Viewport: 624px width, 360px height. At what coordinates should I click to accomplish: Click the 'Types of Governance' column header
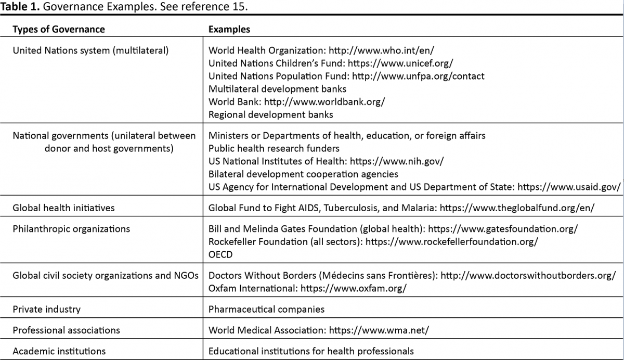click(58, 29)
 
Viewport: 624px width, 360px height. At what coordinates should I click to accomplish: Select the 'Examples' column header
click(229, 29)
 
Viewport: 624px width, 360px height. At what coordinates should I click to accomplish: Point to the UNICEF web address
click(400, 63)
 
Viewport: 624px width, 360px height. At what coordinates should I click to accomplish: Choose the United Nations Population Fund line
click(346, 76)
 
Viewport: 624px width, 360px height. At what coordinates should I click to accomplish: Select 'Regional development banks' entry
click(270, 114)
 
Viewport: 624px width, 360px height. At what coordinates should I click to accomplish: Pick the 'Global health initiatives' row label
click(63, 208)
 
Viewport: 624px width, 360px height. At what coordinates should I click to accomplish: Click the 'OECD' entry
click(220, 254)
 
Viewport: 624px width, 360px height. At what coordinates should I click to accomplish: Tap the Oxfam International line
click(307, 288)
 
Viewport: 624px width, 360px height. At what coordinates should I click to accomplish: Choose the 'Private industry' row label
click(46, 309)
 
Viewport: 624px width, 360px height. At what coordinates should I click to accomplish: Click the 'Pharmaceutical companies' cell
click(266, 309)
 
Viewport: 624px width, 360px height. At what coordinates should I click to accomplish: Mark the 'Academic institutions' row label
click(59, 351)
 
